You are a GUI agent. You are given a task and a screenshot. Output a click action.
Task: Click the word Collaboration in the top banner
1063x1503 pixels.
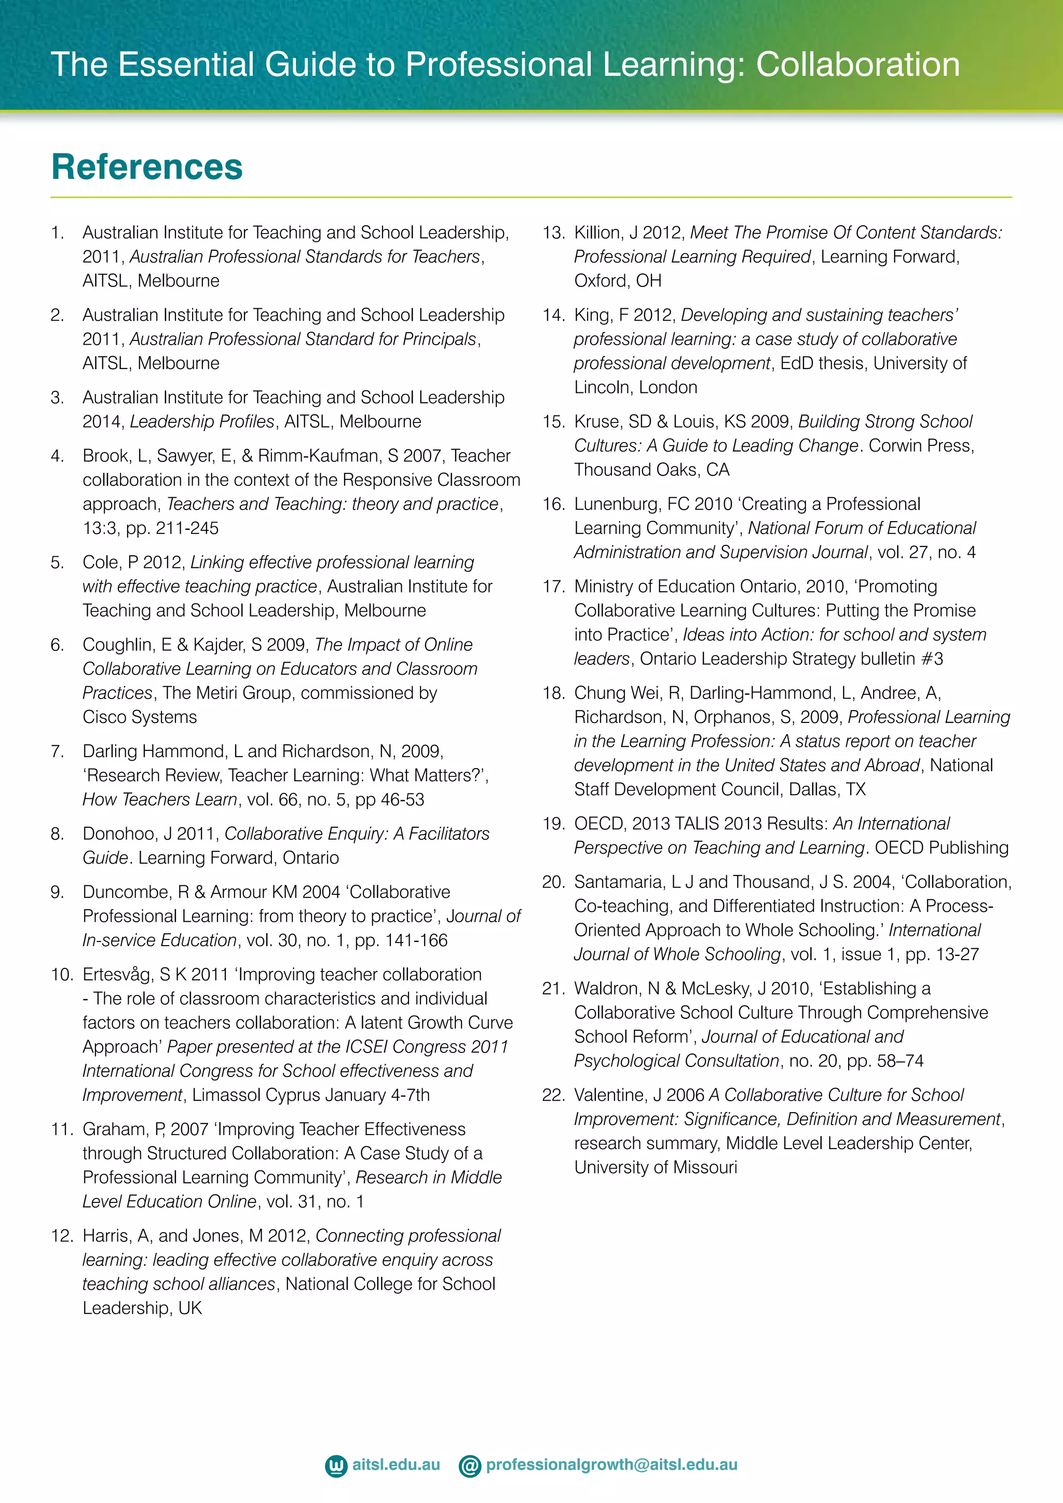pos(857,64)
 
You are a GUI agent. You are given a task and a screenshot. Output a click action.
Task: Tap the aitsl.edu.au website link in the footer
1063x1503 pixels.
pos(396,1465)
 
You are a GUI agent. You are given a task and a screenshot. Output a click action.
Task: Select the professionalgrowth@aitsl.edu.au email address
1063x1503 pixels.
pos(611,1465)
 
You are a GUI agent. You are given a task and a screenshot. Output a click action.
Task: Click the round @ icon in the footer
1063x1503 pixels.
pos(469,1466)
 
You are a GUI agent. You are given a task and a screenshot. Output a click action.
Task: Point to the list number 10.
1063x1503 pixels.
pos(62,975)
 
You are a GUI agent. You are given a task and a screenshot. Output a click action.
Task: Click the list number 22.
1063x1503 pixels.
pos(553,1095)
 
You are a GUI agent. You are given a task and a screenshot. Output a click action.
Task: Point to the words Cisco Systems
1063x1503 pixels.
pos(140,717)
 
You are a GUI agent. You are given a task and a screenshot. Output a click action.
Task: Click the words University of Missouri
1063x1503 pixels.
pos(655,1167)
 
